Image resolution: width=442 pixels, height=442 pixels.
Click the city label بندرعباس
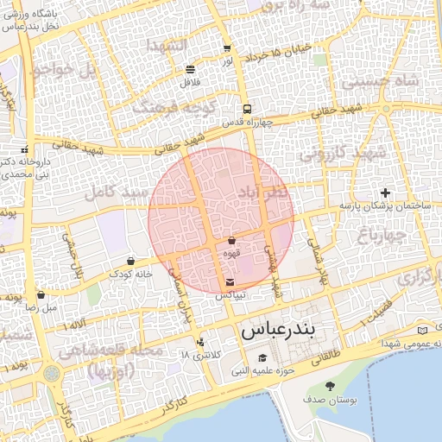tap(280, 330)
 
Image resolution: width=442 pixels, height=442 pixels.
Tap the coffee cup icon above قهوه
tap(231, 240)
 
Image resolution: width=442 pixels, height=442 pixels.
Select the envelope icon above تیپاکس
tap(229, 282)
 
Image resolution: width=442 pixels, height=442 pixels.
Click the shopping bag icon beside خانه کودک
tap(130, 261)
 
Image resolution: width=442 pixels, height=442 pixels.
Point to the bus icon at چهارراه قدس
tap(247, 110)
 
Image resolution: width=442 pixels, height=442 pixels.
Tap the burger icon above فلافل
tap(190, 69)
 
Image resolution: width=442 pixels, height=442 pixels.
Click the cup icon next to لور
tap(227, 49)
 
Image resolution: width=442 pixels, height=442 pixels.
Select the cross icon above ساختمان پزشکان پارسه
tap(385, 192)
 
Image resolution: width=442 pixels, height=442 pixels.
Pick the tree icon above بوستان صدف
tap(330, 386)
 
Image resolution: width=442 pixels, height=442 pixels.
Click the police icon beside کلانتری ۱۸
tap(200, 342)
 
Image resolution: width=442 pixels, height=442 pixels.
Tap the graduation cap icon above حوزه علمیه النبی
tap(262, 358)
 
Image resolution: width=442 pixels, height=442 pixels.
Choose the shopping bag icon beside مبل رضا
tap(41, 294)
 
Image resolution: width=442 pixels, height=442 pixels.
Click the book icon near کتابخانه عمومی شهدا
tap(421, 330)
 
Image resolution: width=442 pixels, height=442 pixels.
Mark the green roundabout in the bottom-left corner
tap(51, 374)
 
